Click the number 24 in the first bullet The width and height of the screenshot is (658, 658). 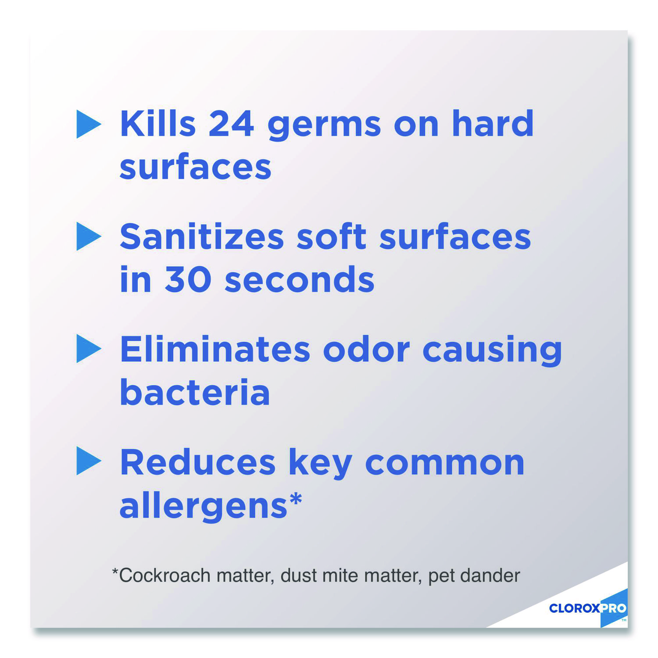tap(231, 124)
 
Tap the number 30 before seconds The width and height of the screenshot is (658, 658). tap(188, 279)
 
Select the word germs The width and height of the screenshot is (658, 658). tap(324, 127)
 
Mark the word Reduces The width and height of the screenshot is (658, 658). tap(198, 462)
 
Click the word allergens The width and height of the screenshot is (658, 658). tap(203, 507)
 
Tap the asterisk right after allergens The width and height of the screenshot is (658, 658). tap(296, 500)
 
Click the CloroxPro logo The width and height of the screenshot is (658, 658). tap(588, 608)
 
